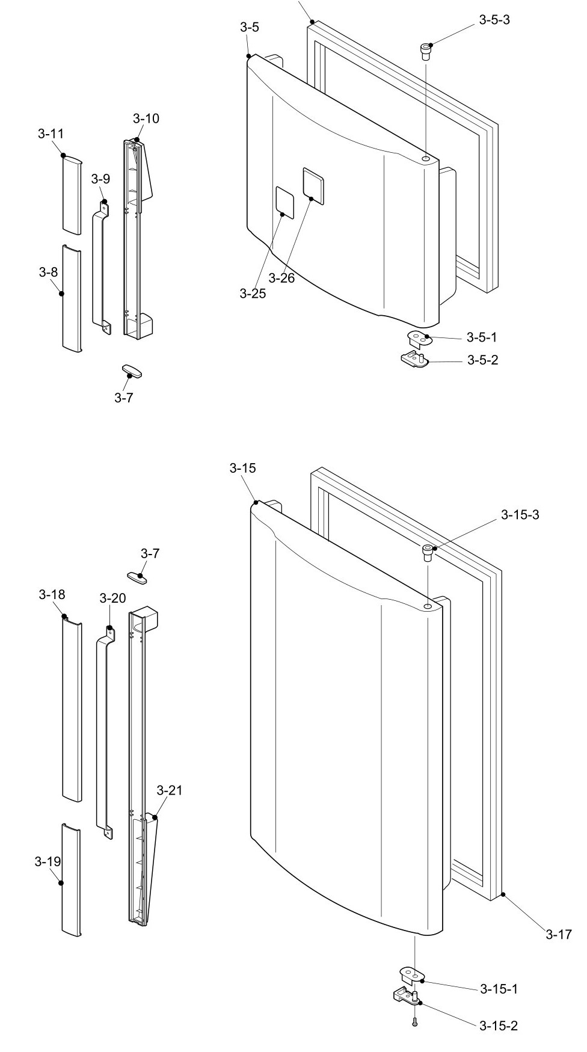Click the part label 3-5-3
(494, 20)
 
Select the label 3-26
(281, 278)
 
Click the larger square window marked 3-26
(313, 183)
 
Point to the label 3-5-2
(483, 360)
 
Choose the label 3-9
(100, 179)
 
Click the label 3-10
(146, 118)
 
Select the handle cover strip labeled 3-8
(72, 298)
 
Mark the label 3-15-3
(520, 515)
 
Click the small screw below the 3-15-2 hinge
(414, 1021)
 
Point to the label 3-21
(169, 790)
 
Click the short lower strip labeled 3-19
(71, 879)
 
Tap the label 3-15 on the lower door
(242, 468)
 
